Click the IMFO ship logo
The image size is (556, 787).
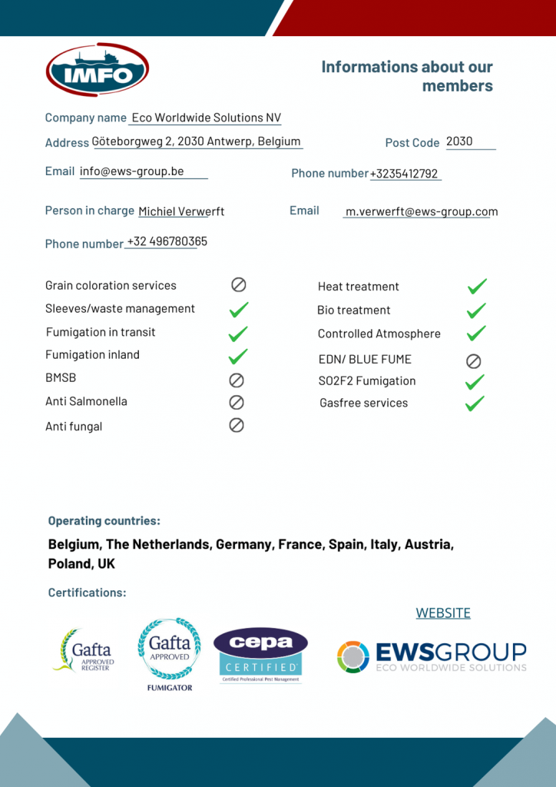click(98, 70)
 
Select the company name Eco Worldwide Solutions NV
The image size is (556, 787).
click(206, 118)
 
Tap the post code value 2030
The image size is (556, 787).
click(459, 141)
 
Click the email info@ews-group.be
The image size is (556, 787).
click(132, 171)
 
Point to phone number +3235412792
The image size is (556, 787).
click(404, 174)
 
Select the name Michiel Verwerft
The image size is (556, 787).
click(181, 211)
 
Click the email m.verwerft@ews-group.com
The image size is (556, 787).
click(422, 211)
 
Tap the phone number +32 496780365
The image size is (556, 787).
click(167, 241)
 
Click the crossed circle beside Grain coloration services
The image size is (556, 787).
click(239, 285)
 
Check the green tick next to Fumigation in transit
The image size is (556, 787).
click(239, 333)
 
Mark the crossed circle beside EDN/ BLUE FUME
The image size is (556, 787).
click(474, 360)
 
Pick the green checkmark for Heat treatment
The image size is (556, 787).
click(477, 287)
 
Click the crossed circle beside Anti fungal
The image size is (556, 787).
click(237, 425)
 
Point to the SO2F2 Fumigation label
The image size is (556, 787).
click(367, 381)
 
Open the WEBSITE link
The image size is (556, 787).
click(443, 613)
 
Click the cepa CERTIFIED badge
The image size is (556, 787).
click(260, 655)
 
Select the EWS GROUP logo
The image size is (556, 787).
click(432, 656)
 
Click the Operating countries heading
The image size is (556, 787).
click(104, 521)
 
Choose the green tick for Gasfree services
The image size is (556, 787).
click(475, 403)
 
